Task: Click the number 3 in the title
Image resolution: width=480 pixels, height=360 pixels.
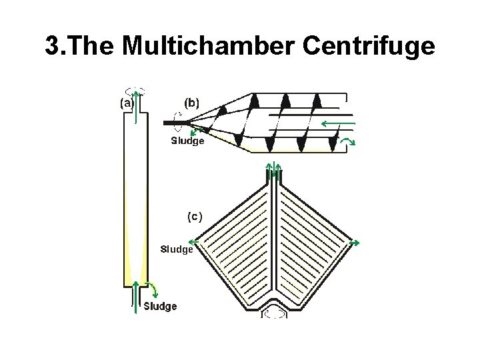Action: click(53, 47)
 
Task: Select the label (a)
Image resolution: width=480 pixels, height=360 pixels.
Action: click(127, 103)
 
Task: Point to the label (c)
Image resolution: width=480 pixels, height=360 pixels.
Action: click(195, 216)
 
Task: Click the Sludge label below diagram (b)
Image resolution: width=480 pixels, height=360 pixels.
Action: click(187, 141)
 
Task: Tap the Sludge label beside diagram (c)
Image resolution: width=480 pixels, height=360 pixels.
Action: click(177, 249)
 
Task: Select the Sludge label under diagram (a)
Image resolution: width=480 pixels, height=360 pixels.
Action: click(161, 306)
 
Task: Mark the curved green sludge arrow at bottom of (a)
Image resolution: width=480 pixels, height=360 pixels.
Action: click(153, 289)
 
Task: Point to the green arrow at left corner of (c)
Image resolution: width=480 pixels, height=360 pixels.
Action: click(195, 241)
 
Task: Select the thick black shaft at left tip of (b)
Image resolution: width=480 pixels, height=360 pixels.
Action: click(175, 123)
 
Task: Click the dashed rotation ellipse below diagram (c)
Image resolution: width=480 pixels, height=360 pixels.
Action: click(273, 313)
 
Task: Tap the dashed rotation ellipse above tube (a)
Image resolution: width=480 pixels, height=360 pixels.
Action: click(135, 91)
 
